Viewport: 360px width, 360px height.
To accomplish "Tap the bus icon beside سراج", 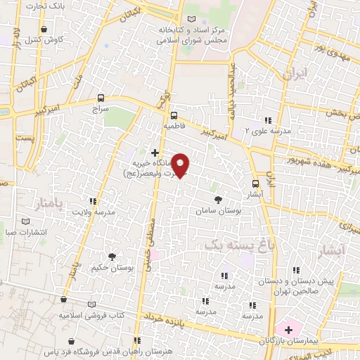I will (101, 98).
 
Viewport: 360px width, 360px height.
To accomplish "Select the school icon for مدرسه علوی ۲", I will (268, 120).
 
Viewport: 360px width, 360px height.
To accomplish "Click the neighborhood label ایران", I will (292, 74).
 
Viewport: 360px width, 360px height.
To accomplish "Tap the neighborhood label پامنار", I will (47, 204).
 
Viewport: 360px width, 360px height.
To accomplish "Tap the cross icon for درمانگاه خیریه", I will (155, 152).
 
